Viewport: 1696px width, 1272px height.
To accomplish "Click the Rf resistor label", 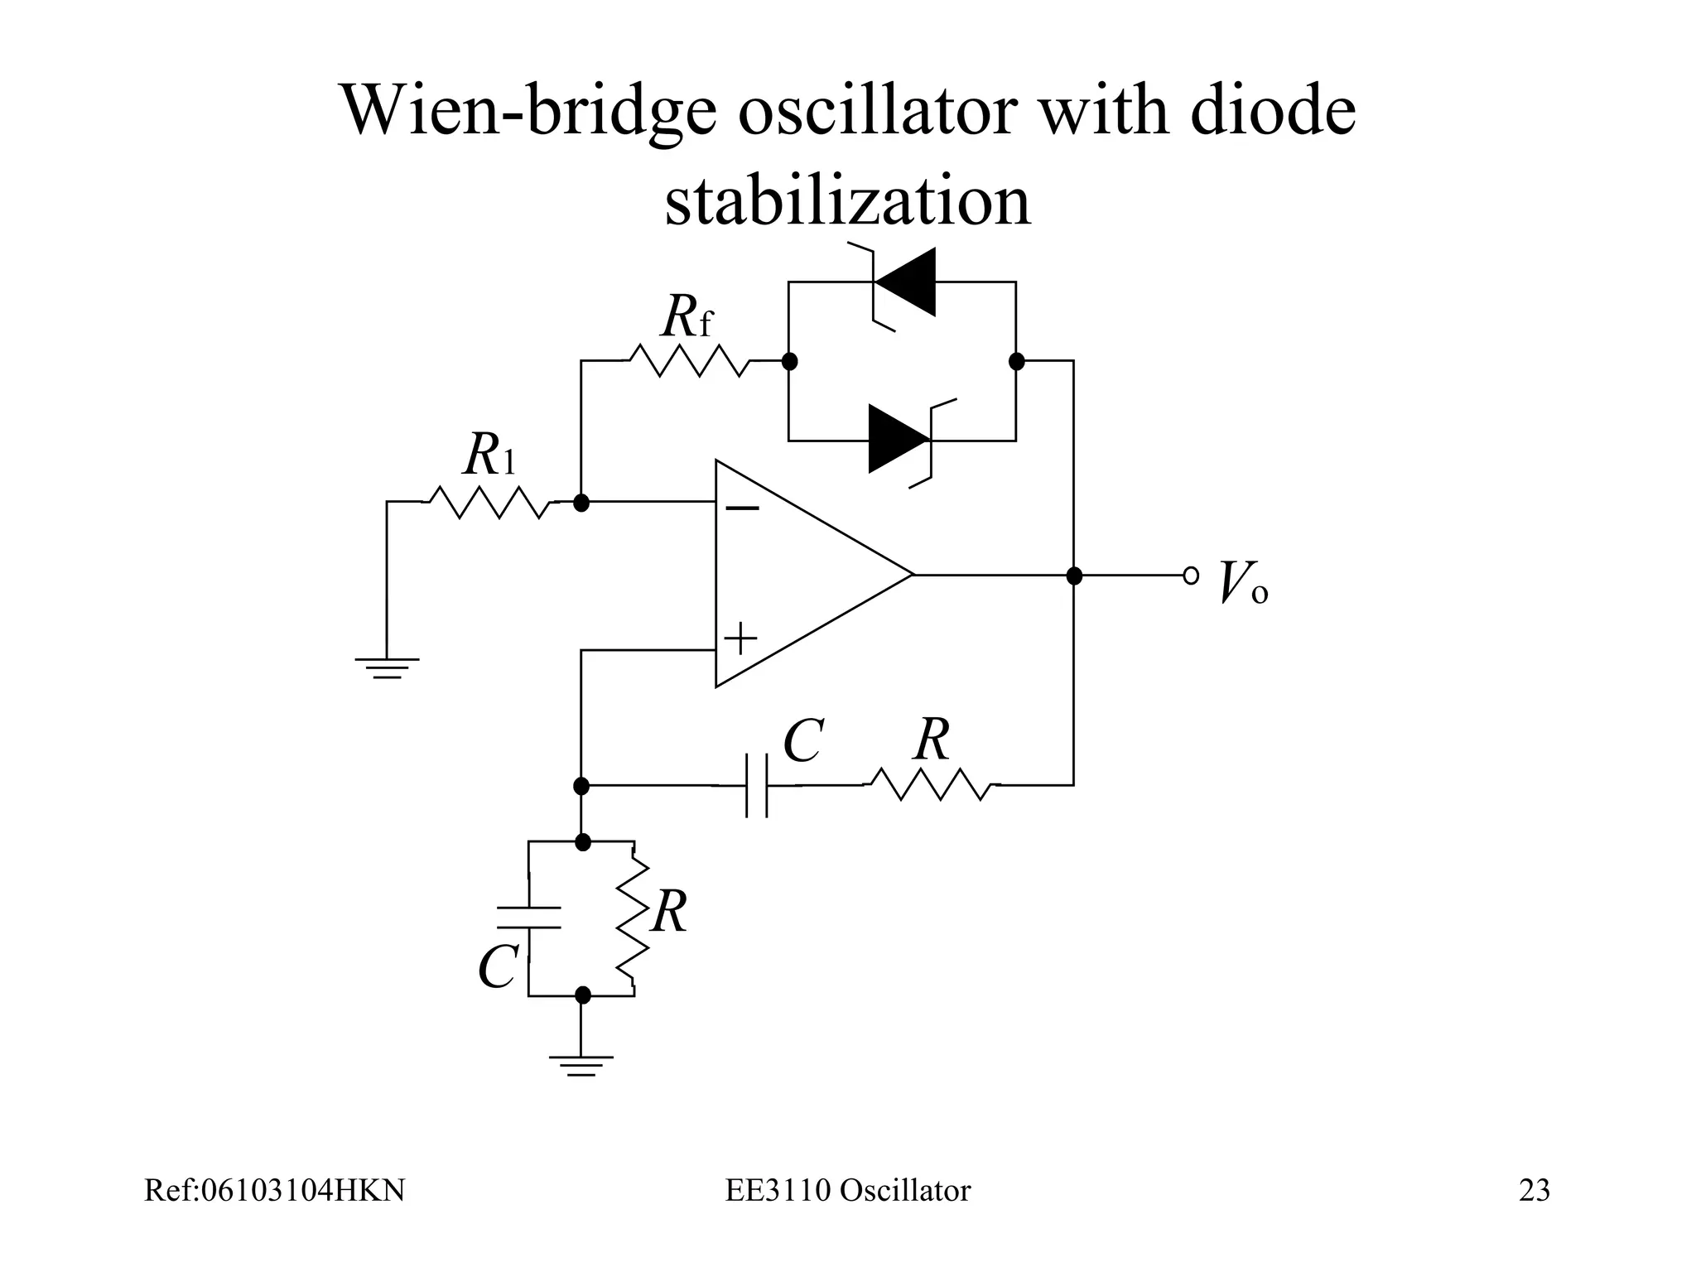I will coord(687,317).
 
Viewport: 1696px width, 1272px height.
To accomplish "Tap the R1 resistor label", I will coord(489,455).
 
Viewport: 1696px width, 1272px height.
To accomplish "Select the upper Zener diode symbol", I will coord(904,282).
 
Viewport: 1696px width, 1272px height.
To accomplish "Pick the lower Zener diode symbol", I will coord(901,440).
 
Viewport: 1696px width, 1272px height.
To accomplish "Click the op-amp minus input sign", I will coord(743,508).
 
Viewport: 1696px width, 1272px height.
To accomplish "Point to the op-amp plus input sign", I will coord(741,639).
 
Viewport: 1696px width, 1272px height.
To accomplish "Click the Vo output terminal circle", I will coord(1191,575).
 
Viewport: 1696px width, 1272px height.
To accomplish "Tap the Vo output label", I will coord(1243,583).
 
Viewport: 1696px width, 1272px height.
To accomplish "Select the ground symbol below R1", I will coord(387,667).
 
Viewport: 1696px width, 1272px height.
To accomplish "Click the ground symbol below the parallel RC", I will coord(581,1065).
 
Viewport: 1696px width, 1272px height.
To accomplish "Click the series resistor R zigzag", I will coord(932,784).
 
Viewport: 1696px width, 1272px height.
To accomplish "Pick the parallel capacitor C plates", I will coord(529,918).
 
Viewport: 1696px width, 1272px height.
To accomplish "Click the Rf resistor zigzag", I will coord(689,361).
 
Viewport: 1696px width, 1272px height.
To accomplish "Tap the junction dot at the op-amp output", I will coord(1074,576).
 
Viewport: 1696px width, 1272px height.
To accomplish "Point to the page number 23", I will coord(1534,1190).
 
